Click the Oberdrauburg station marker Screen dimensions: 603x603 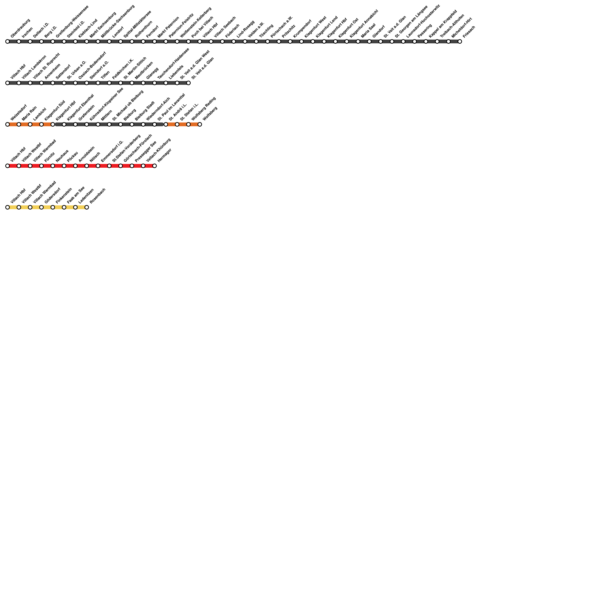pos(8,41)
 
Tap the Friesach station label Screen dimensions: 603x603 pos(469,32)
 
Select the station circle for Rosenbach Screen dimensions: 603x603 pos(87,207)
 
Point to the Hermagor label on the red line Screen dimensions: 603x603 pos(164,155)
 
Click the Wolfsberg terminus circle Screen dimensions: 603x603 pos(200,124)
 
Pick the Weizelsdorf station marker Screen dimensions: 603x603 pos(8,124)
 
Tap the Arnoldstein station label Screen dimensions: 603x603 pos(86,154)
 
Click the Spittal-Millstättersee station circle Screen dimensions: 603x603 pos(121,41)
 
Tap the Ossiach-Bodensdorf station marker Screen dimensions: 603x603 pos(75,83)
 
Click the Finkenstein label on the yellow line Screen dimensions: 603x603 pos(64,196)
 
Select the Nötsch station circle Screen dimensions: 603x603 pos(87,166)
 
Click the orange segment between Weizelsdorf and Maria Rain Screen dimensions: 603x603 pos(13,124)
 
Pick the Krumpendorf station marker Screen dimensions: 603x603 pos(290,41)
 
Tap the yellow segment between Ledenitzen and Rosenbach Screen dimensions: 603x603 pos(81,207)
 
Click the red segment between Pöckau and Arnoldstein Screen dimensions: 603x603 pos(70,166)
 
